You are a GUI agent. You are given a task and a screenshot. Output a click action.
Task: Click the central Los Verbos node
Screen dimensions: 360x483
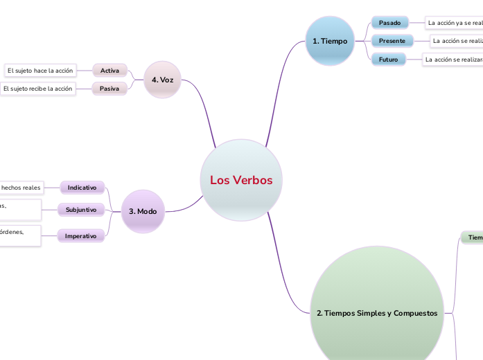(241, 180)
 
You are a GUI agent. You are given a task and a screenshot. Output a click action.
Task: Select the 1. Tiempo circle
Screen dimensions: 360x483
(330, 41)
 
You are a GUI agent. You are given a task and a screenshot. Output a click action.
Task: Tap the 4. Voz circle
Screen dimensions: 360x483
(162, 80)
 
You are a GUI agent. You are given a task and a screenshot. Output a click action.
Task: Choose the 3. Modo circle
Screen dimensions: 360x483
(143, 211)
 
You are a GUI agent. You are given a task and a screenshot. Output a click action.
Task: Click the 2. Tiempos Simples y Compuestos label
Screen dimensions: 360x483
(377, 313)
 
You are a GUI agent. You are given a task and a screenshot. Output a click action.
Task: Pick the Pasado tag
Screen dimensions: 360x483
(390, 23)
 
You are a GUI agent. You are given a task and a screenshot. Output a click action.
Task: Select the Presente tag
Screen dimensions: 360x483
(392, 41)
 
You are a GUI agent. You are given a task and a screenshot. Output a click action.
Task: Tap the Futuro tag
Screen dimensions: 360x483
(388, 60)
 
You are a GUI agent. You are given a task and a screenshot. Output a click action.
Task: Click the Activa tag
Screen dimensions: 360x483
(109, 71)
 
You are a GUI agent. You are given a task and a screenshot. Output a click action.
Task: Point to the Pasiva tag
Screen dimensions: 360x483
(109, 89)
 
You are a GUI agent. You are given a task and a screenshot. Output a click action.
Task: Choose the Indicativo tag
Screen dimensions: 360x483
(82, 188)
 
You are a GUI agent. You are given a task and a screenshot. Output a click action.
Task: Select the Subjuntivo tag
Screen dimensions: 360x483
(80, 209)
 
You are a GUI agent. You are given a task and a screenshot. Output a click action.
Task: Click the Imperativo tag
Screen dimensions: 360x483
(80, 236)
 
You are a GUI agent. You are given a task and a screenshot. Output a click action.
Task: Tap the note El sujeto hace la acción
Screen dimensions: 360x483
(39, 71)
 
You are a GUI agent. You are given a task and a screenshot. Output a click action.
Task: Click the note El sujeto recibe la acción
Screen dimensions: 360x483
(37, 89)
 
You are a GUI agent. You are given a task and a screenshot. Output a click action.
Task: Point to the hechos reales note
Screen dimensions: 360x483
(21, 188)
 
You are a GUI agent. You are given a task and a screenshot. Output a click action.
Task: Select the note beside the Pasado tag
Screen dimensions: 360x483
(455, 23)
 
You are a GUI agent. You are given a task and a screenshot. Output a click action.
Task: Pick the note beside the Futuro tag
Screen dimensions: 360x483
(453, 60)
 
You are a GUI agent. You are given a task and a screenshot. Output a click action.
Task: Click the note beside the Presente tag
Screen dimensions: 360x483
(457, 41)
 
